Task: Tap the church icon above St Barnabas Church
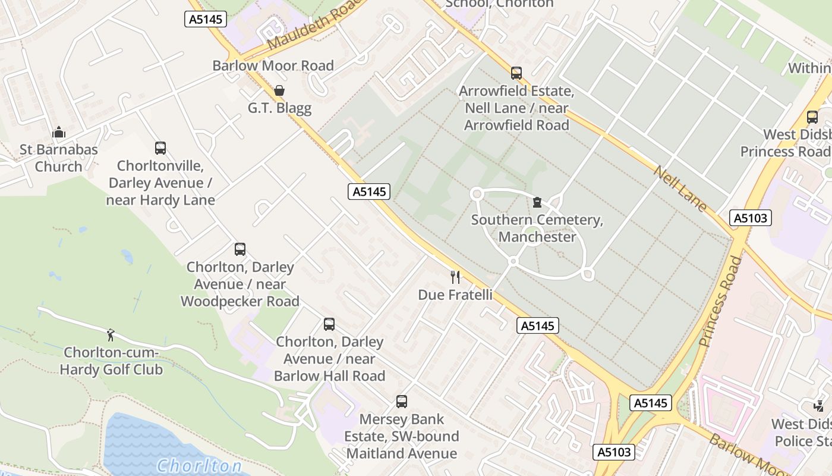[x=58, y=131]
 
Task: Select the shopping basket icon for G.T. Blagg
[x=279, y=90]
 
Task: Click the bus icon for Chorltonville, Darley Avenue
[x=160, y=148]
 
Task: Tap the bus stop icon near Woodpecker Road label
[x=239, y=249]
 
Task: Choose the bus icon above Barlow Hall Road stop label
[x=329, y=324]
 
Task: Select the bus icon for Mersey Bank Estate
[x=402, y=402]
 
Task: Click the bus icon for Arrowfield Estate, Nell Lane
[x=516, y=73]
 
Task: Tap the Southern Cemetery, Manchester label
[x=537, y=228]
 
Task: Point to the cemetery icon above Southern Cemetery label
[x=537, y=202]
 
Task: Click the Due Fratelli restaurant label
[x=455, y=295]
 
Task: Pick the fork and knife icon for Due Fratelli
[x=455, y=277]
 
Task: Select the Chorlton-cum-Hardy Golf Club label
[x=111, y=361]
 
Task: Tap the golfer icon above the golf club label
[x=111, y=335]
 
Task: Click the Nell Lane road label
[x=680, y=188]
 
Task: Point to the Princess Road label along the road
[x=720, y=302]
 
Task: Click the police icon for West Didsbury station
[x=818, y=406]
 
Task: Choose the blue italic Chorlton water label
[x=199, y=465]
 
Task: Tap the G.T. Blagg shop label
[x=279, y=108]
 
